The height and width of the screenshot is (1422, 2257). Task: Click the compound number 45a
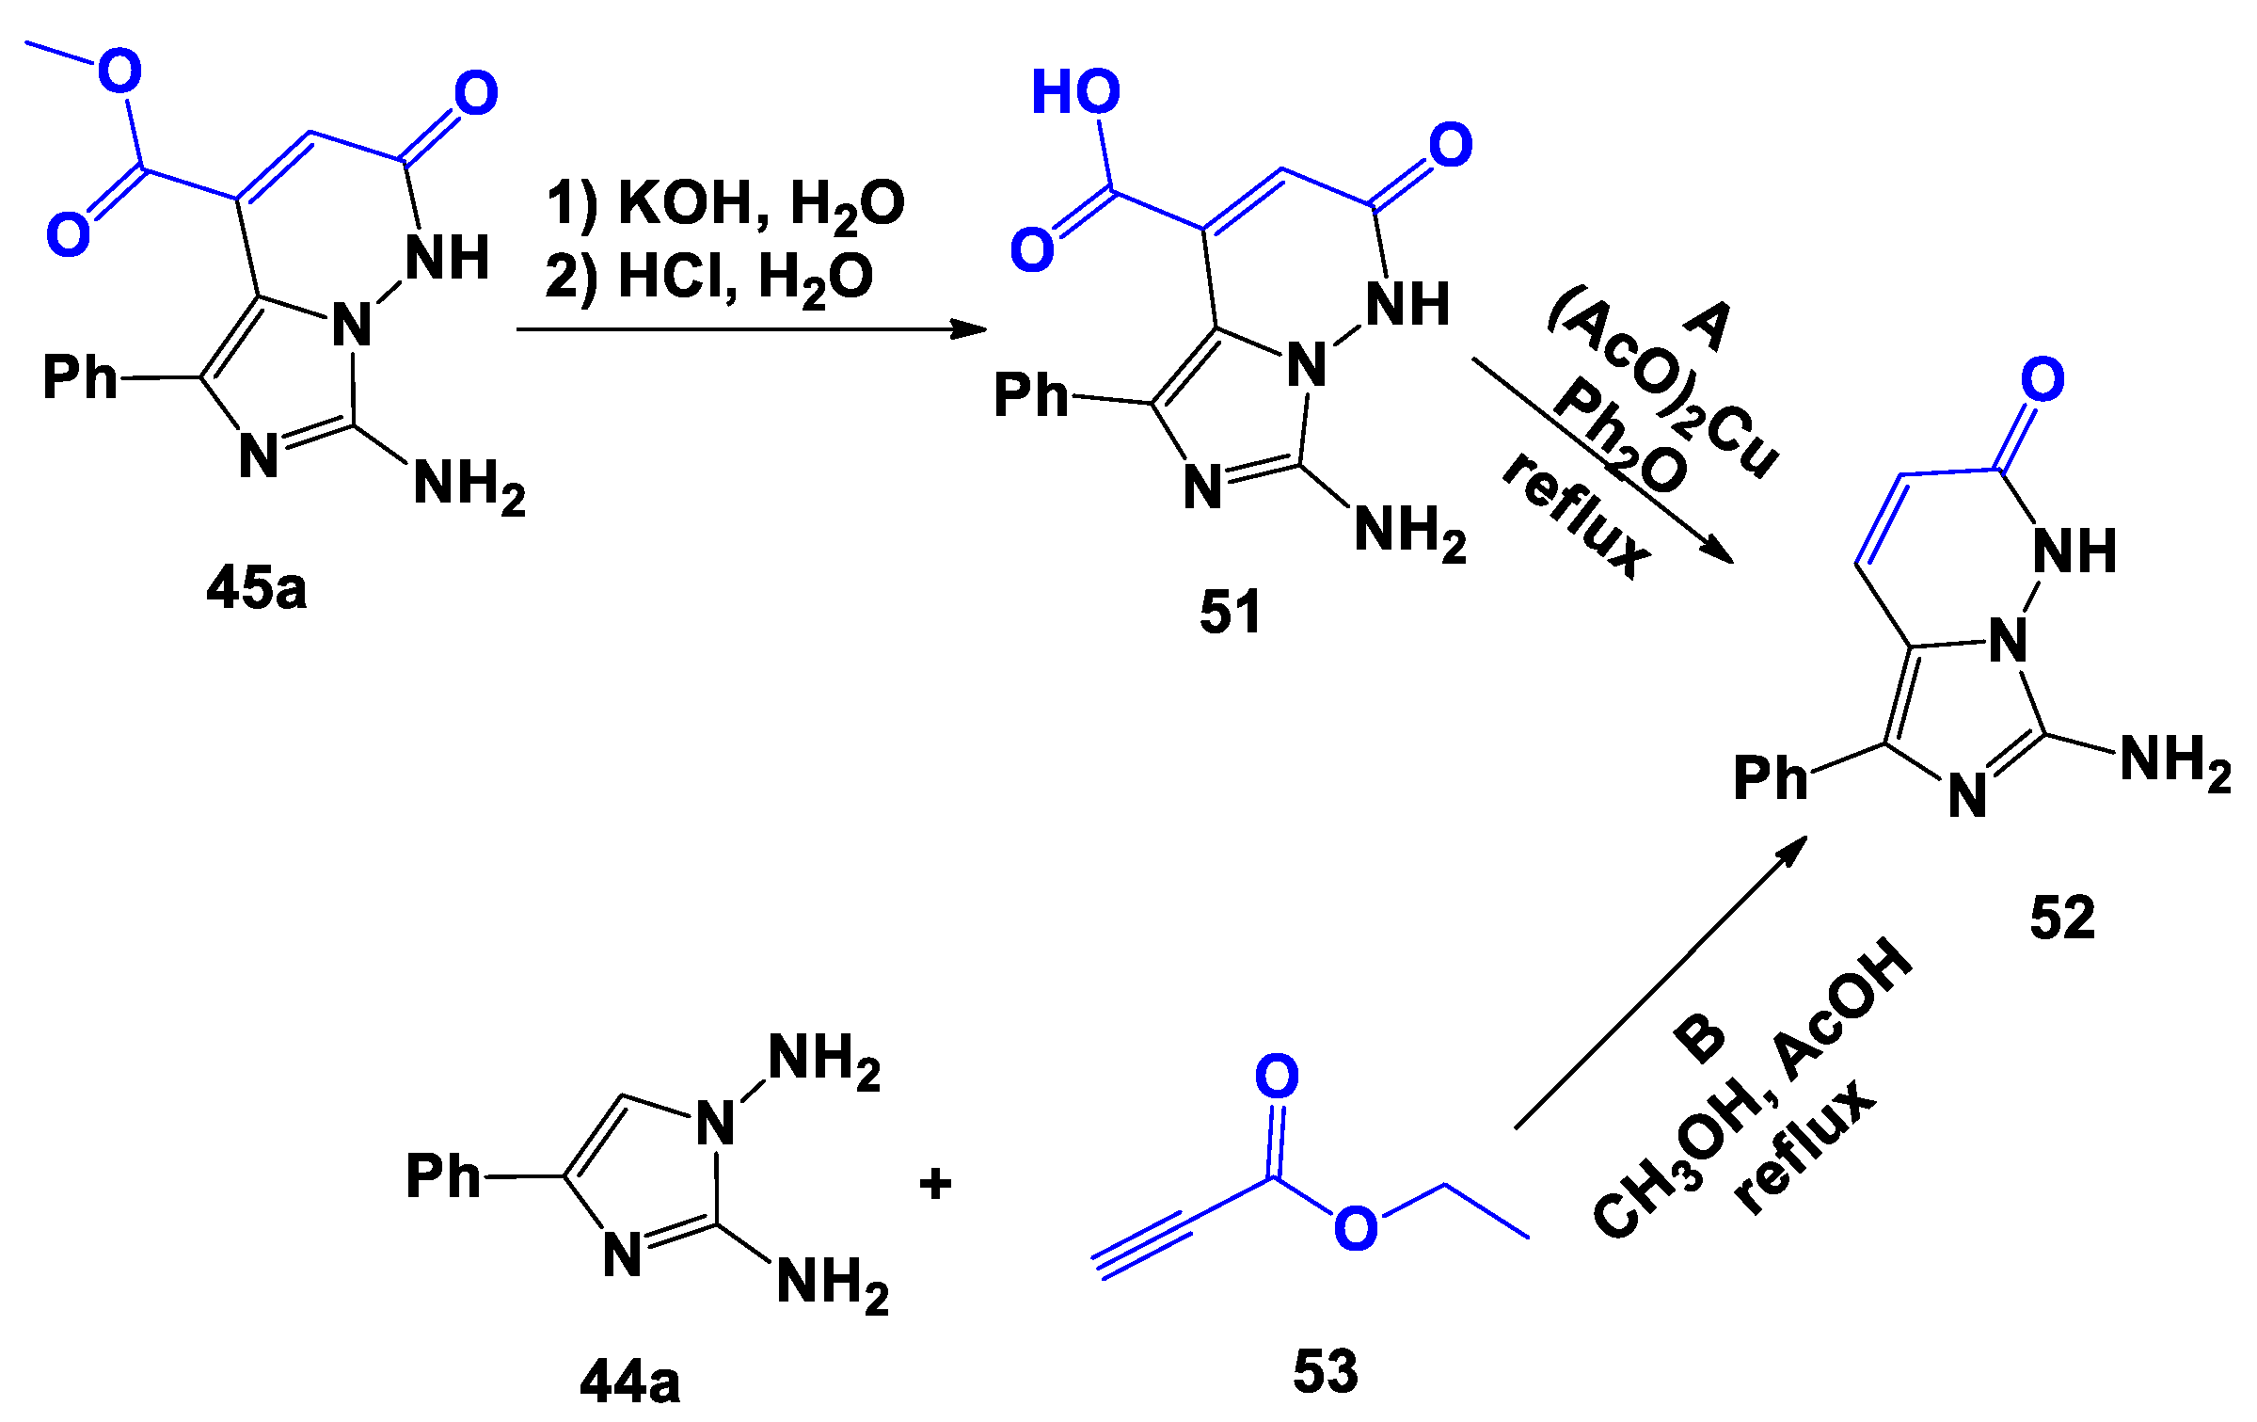tap(256, 589)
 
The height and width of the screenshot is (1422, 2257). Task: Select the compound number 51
tap(1230, 613)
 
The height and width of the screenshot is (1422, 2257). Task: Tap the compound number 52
tap(2062, 918)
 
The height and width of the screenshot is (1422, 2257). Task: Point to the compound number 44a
tap(629, 1382)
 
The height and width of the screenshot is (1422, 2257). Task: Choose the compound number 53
tap(1325, 1370)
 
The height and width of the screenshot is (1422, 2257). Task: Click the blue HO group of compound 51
tap(1075, 92)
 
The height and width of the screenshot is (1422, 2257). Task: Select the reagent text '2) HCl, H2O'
tap(708, 279)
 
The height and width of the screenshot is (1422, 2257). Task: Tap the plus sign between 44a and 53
tap(935, 1184)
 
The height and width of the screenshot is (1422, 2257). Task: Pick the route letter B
tap(1699, 1038)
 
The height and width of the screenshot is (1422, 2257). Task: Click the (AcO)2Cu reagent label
tap(1663, 384)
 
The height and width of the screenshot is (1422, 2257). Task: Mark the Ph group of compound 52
tap(1770, 778)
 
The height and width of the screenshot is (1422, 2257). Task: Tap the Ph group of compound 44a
tap(442, 1176)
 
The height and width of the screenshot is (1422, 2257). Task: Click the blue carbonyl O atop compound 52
tap(2042, 379)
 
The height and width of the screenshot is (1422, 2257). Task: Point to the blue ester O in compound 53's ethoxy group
tap(1356, 1228)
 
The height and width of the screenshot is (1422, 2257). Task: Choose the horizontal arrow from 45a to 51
tap(751, 329)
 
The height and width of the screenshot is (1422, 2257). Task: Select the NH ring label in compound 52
tap(2074, 551)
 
